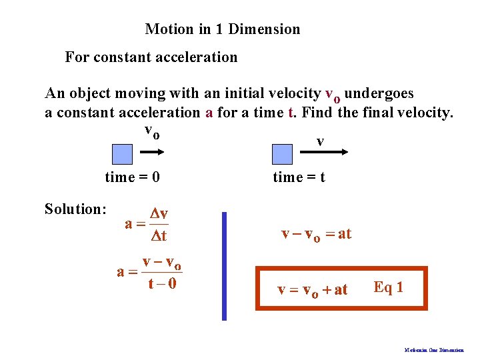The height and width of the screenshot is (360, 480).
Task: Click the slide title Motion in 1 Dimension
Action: (x=223, y=29)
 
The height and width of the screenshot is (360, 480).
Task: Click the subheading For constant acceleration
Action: (x=151, y=57)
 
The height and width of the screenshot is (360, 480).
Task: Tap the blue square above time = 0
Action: (x=122, y=155)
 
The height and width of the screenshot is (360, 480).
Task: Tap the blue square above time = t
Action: (x=283, y=155)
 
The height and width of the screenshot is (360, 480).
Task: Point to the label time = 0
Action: (x=133, y=177)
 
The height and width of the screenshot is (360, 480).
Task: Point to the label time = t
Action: (x=299, y=177)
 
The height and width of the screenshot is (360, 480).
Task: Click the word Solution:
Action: (x=75, y=209)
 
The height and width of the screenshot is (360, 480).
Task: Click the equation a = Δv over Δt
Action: (x=147, y=225)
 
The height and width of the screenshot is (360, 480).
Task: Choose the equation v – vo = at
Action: (x=316, y=234)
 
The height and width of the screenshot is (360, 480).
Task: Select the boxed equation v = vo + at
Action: (x=313, y=290)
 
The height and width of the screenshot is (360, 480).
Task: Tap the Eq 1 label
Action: (x=388, y=287)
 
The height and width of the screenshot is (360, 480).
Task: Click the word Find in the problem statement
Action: (x=317, y=113)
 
